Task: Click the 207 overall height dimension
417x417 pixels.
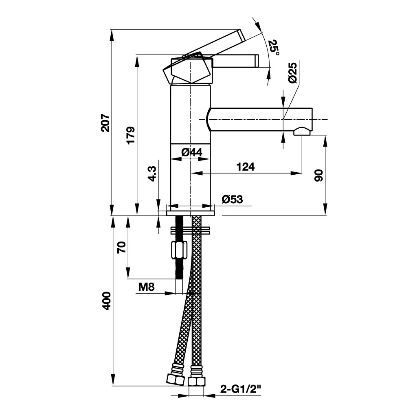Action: pos(105,122)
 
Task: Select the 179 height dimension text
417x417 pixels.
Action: pos(130,135)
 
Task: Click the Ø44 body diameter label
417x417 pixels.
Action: pos(191,152)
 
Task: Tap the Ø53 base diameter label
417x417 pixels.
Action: pos(232,199)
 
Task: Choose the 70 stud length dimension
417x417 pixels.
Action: pos(121,247)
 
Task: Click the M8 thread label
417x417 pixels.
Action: pos(146,287)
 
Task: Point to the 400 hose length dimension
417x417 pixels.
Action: pos(106,301)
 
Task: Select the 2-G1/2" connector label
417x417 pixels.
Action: pos(240,389)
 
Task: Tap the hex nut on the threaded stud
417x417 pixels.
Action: pos(179,250)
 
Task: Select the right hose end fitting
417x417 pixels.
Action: pos(197,381)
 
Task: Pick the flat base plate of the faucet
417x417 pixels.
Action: pos(190,212)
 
